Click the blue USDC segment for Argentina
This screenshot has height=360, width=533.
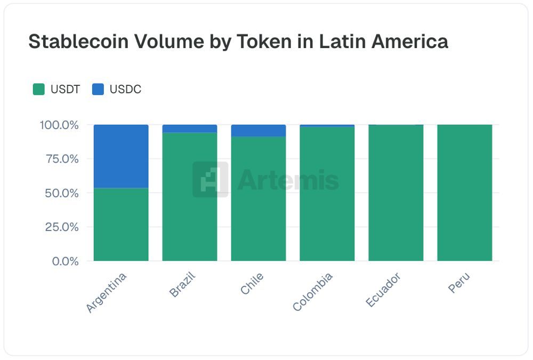121,156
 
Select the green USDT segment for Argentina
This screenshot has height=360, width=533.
121,224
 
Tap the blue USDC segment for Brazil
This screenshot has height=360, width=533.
190,129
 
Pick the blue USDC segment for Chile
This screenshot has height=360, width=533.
259,131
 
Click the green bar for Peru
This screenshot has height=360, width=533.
465,193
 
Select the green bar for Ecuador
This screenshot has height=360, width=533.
396,193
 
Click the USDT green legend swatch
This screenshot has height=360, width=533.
39,90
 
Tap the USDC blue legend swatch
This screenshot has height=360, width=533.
98,90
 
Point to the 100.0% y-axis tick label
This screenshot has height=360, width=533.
59,125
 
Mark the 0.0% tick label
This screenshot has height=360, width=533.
64,261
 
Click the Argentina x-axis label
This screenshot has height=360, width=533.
107,292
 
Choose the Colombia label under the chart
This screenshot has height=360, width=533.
313,292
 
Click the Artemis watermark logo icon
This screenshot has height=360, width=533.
211,180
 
